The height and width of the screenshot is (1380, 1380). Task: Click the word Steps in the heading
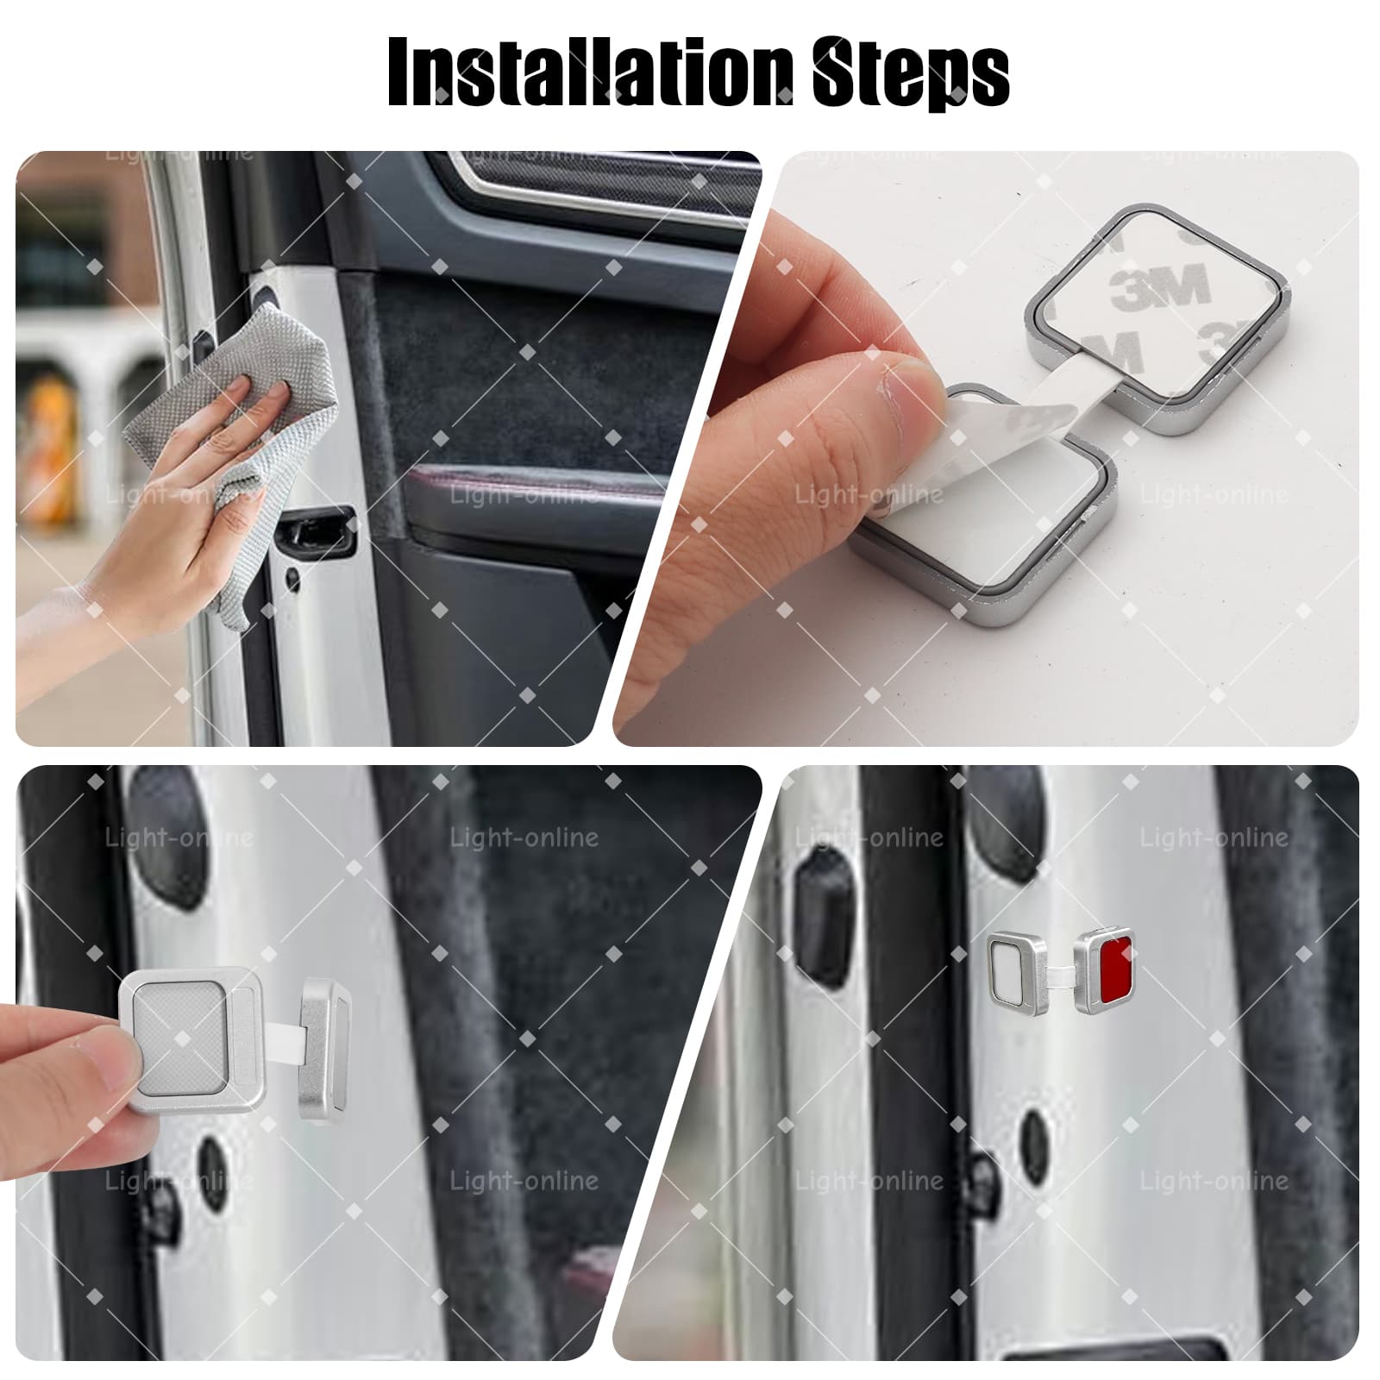click(911, 72)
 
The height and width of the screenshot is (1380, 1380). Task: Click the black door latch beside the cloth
click(317, 531)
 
